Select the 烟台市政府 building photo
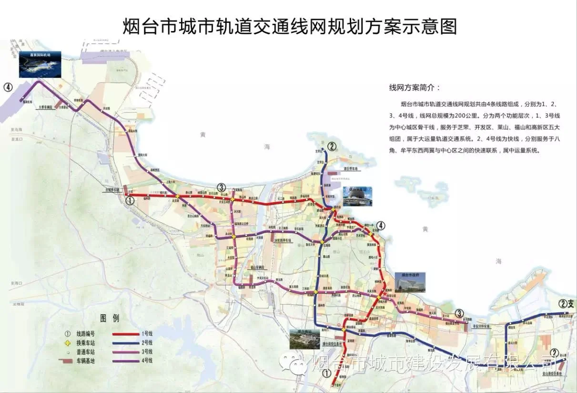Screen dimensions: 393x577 (x=410, y=282)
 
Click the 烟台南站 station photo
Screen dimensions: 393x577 (x=304, y=338)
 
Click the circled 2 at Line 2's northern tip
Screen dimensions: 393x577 (x=332, y=146)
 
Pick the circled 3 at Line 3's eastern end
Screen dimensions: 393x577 (x=459, y=313)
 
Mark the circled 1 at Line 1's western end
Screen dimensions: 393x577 (x=129, y=201)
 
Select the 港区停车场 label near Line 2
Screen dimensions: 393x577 (x=350, y=169)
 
